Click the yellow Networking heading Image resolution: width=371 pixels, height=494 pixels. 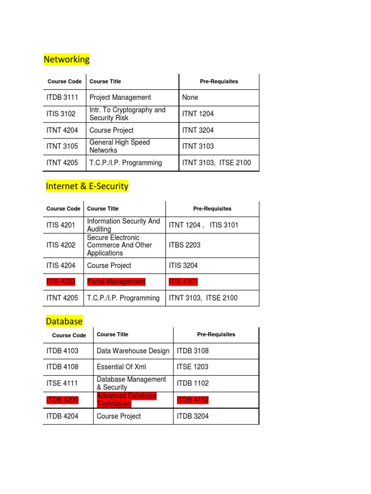click(67, 59)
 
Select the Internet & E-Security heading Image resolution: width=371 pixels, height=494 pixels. click(87, 186)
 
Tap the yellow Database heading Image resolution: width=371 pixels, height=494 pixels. click(64, 321)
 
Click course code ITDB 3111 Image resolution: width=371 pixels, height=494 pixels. click(62, 97)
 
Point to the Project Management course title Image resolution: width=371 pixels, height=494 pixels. click(120, 97)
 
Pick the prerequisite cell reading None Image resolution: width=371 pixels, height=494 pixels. click(190, 97)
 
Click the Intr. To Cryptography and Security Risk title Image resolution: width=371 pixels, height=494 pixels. click(128, 114)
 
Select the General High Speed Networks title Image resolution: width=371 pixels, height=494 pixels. click(120, 146)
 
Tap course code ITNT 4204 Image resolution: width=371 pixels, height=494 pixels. click(62, 130)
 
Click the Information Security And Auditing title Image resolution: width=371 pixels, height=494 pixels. click(123, 225)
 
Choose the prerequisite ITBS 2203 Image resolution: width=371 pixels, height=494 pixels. click(185, 245)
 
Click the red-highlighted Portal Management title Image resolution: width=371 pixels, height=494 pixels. click(116, 282)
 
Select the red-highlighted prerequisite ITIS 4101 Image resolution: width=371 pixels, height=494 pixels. click(184, 282)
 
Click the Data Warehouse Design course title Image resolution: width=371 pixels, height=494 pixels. click(133, 351)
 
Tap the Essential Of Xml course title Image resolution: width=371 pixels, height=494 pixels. click(121, 367)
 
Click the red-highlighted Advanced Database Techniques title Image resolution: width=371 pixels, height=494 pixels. click(127, 399)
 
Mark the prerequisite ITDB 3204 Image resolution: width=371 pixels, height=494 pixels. click(193, 416)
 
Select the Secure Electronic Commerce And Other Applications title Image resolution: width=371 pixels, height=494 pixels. click(119, 245)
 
